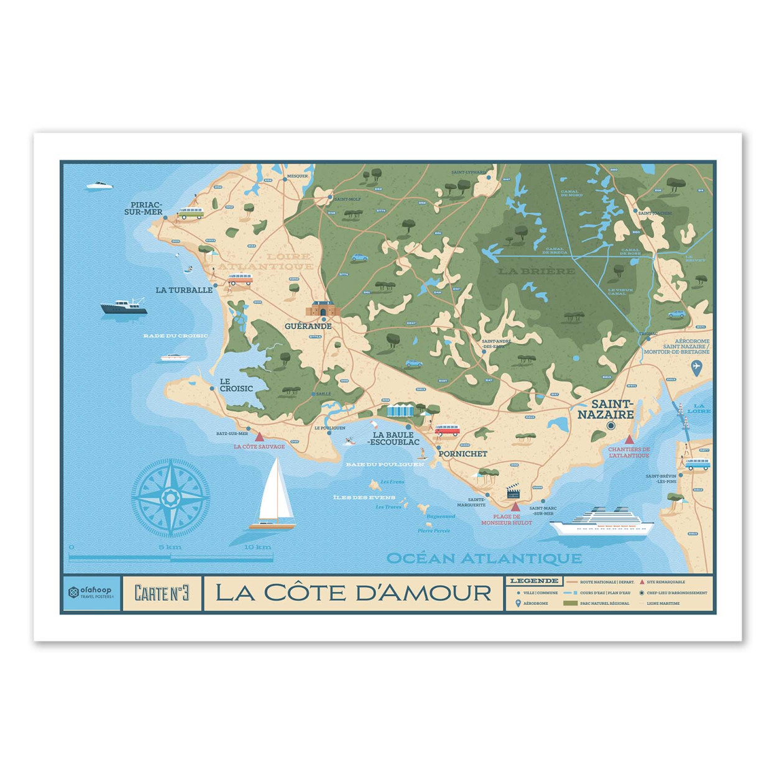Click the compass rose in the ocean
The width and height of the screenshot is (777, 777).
[x=170, y=497]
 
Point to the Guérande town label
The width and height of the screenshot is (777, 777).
[x=308, y=326]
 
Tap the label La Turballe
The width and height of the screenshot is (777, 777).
[x=184, y=290]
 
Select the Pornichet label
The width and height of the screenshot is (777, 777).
[x=462, y=454]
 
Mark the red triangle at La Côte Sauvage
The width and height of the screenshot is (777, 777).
[x=259, y=437]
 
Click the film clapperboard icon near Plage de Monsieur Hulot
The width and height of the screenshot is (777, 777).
[x=513, y=492]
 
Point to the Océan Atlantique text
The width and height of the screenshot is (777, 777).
[x=484, y=558]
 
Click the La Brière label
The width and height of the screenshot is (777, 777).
[x=536, y=271]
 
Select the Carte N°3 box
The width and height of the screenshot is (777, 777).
[x=162, y=593]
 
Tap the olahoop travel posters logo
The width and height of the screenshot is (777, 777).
[x=91, y=593]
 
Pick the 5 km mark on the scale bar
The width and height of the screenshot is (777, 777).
[x=170, y=547]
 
